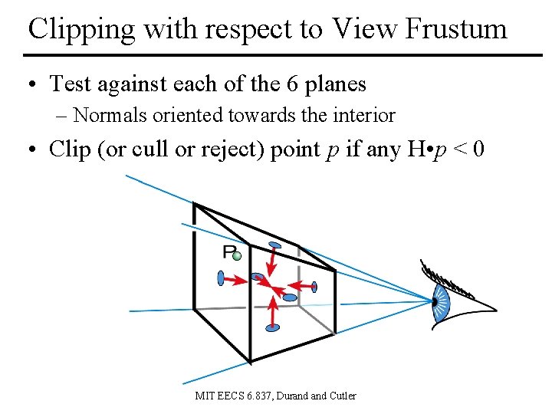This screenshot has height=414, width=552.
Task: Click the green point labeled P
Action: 238,256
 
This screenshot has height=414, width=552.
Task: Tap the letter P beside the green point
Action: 228,252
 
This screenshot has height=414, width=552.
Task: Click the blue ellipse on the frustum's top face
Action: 272,246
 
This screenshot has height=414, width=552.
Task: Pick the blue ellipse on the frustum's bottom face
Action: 272,328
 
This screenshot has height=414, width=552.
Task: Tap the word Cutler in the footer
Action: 343,396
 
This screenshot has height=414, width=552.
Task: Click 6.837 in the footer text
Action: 259,396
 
